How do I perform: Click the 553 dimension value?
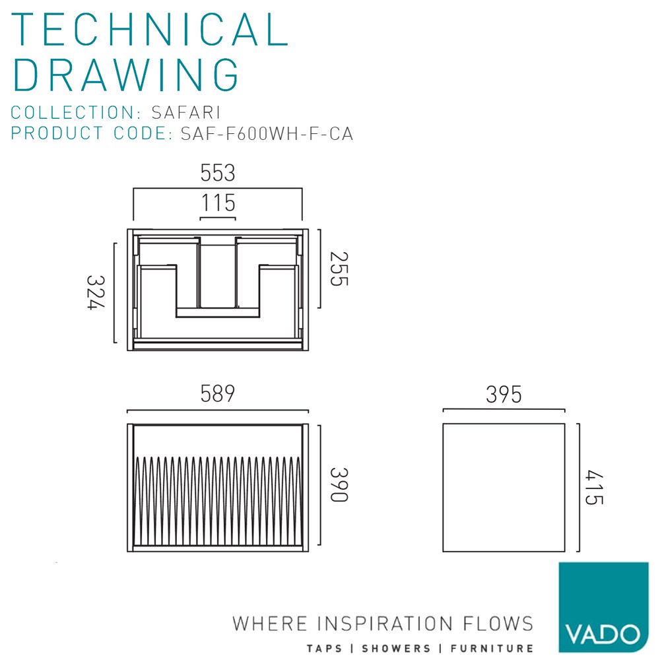point(217,172)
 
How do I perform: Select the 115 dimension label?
point(218,203)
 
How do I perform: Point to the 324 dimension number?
point(96,292)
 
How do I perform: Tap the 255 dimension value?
point(339,269)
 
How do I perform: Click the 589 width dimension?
point(217,393)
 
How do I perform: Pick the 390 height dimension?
point(339,484)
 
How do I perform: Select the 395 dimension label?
point(504,395)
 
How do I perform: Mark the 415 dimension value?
point(594,487)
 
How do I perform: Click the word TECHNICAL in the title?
point(150,30)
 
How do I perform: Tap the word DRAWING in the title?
point(125,75)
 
